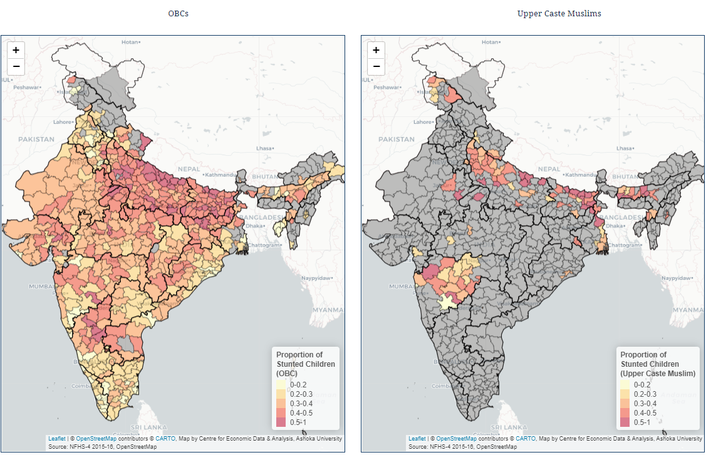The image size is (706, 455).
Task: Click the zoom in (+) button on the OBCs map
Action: click(x=16, y=50)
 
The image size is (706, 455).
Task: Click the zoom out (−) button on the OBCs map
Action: click(x=16, y=66)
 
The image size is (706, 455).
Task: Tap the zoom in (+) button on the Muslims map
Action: click(x=376, y=50)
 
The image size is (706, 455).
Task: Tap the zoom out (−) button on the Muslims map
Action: click(x=376, y=66)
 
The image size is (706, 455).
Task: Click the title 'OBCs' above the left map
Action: click(x=178, y=13)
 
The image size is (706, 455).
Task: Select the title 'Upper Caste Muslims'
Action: click(x=559, y=13)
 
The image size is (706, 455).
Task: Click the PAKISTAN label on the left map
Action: click(x=36, y=139)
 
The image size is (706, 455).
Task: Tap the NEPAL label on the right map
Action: click(x=549, y=169)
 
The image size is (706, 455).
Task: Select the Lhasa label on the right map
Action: click(x=625, y=148)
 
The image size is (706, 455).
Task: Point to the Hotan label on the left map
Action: click(x=130, y=41)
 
